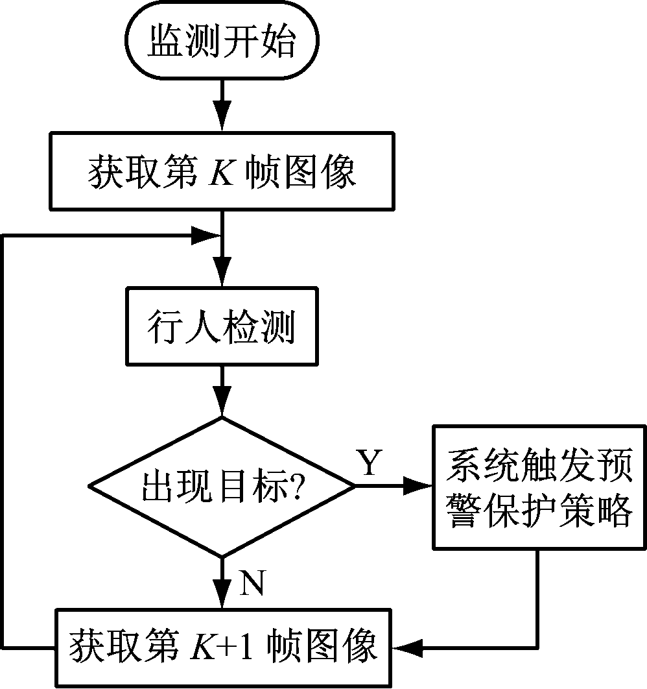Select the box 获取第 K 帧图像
[x=222, y=171]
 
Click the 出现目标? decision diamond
[x=222, y=486]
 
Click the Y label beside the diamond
[x=369, y=463]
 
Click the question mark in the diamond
[x=297, y=487]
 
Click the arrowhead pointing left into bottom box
[x=406, y=647]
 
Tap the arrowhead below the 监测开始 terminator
[x=222, y=119]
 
